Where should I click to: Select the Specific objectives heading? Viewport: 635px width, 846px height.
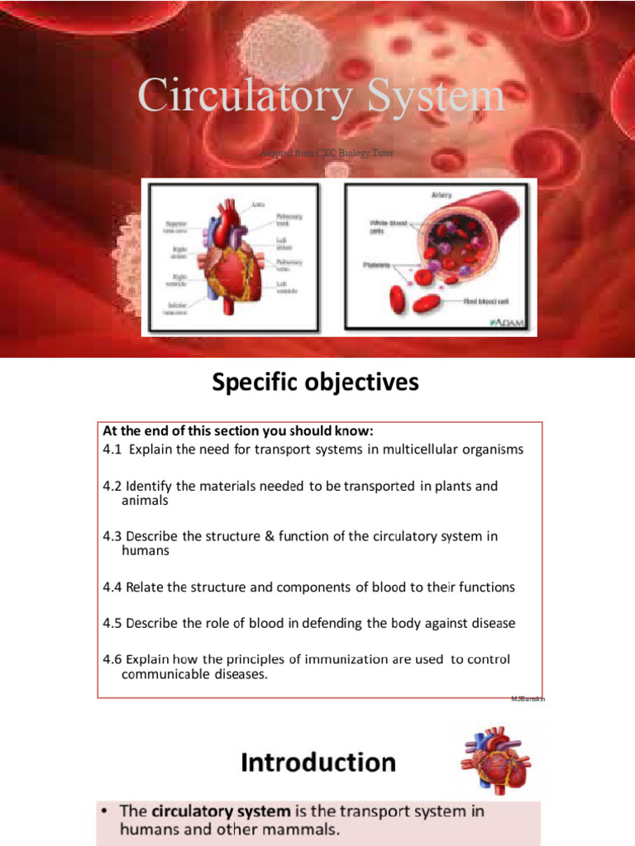point(316,383)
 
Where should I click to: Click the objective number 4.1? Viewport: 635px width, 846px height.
point(112,449)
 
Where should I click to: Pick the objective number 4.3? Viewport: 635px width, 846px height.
point(112,536)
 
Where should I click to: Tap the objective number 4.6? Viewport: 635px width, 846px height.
point(112,659)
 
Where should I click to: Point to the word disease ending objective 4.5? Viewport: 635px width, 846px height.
point(490,623)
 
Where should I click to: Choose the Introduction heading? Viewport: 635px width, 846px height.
point(318,762)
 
